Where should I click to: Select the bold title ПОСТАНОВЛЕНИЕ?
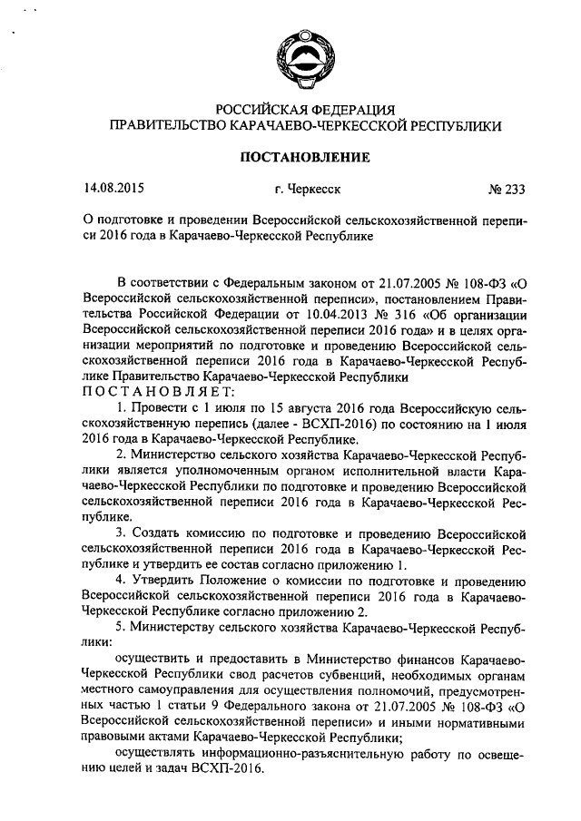pos(304,158)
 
